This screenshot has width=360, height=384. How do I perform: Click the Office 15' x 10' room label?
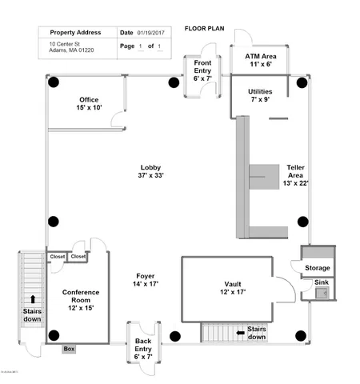click(x=90, y=103)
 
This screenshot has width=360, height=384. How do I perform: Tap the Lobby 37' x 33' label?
click(x=151, y=171)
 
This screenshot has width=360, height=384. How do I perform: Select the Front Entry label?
click(x=202, y=70)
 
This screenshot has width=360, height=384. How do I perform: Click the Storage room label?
click(x=317, y=268)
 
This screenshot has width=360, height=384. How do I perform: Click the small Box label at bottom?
click(x=69, y=349)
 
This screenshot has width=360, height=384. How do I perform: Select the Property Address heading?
click(x=76, y=33)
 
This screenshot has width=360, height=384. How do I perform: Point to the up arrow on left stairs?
click(x=32, y=300)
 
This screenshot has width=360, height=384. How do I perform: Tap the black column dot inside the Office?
click(x=54, y=82)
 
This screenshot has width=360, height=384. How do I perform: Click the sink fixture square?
click(x=323, y=294)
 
